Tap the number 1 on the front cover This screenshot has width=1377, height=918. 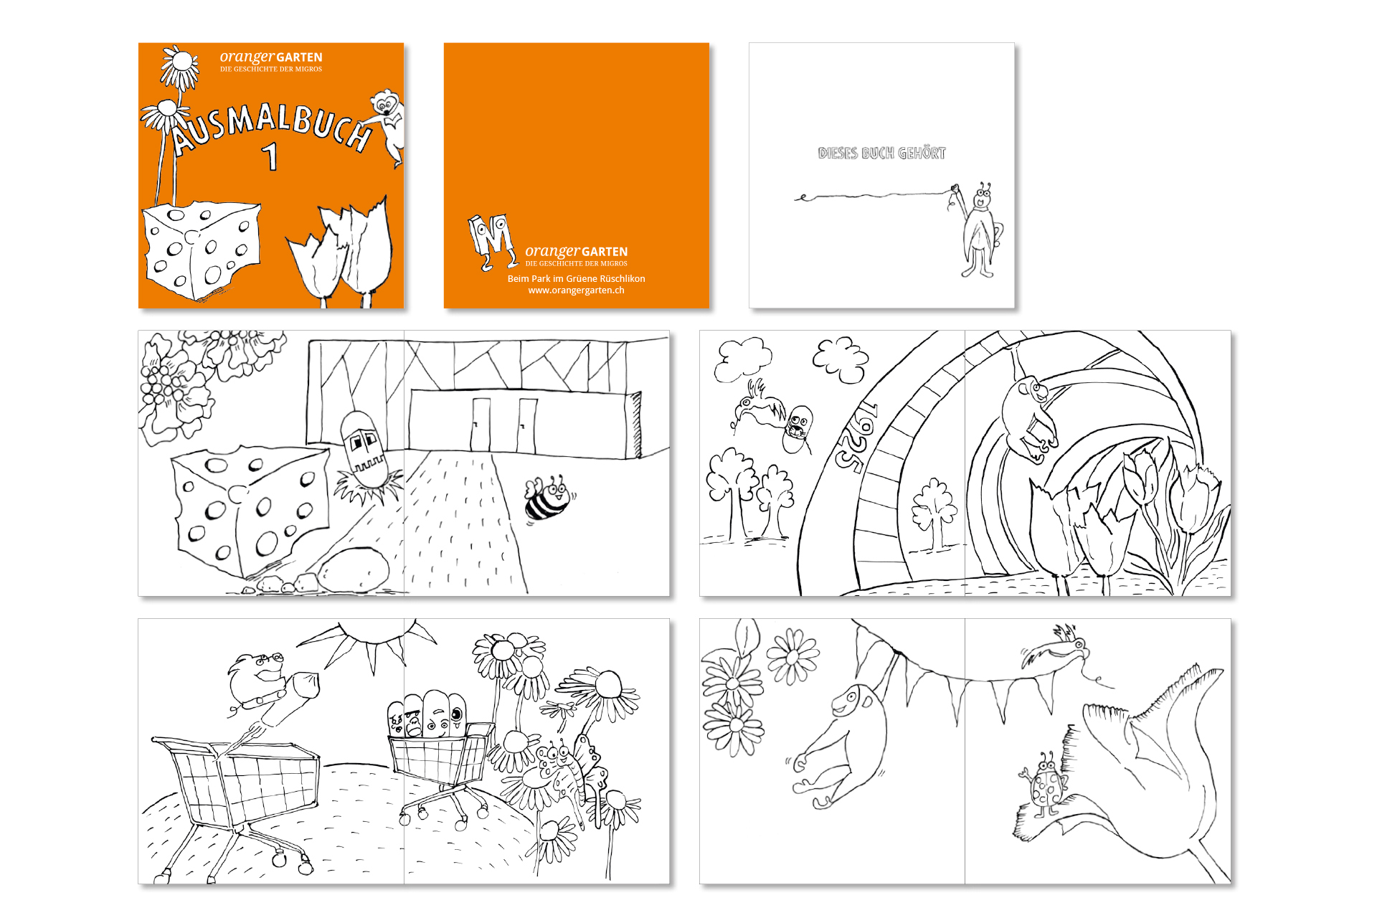tap(270, 157)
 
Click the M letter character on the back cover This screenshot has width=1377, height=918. tap(492, 241)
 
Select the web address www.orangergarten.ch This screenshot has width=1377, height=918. tap(576, 290)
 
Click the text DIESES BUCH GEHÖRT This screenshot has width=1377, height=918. tap(881, 153)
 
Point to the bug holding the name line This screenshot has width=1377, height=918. tap(978, 229)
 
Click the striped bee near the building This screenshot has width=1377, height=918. tap(549, 498)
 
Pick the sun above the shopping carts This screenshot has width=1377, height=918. tap(369, 640)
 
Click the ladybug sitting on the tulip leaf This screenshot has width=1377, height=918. tap(1044, 785)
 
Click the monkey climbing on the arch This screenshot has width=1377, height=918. tap(1030, 416)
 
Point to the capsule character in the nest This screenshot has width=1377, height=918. tap(363, 448)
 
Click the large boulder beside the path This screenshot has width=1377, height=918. tap(354, 569)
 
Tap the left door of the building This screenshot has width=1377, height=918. tap(481, 424)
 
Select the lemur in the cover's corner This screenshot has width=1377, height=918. tap(388, 126)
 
